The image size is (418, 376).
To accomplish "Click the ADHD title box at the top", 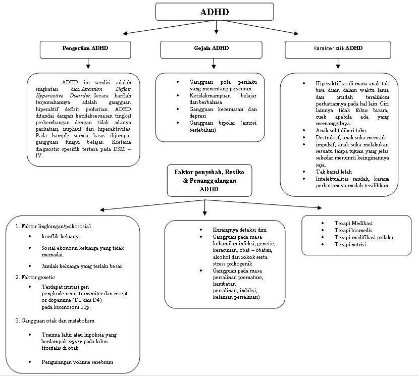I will (x=215, y=12).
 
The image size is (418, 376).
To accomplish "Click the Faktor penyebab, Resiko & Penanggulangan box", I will (x=203, y=180).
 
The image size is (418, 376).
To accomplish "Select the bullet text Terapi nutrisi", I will (x=350, y=244).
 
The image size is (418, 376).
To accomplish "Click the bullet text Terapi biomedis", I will (x=352, y=230).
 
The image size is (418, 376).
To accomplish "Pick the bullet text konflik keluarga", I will (x=61, y=236).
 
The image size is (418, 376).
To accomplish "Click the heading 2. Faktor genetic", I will (x=35, y=277).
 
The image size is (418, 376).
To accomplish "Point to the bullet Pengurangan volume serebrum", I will (x=77, y=362).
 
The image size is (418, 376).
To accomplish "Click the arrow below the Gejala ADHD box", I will (x=214, y=64).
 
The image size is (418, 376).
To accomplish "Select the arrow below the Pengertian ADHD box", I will (x=89, y=64).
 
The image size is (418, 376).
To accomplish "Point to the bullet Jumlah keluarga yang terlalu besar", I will (x=82, y=266).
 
